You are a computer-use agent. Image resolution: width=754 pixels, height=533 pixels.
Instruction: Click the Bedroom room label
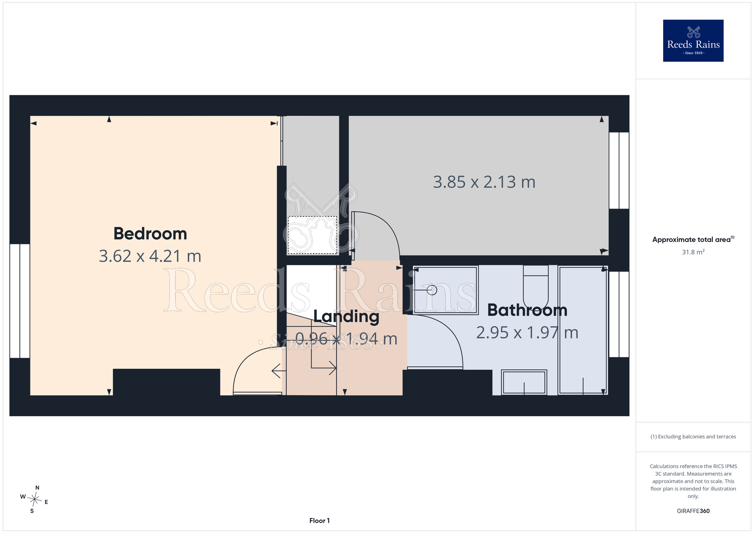tap(150, 234)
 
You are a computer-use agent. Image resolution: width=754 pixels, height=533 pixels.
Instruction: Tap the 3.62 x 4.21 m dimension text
tap(150, 256)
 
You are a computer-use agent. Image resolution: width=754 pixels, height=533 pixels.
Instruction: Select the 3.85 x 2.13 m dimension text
tap(484, 182)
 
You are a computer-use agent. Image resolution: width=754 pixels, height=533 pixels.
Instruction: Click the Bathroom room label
tap(527, 310)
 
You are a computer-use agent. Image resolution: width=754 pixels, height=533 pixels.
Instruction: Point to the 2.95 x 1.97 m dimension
tap(527, 332)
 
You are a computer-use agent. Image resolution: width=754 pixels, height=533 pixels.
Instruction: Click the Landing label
tap(346, 317)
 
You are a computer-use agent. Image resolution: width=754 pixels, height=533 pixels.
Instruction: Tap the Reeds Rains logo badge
tap(693, 41)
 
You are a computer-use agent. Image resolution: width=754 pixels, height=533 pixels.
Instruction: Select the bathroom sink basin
tap(524, 382)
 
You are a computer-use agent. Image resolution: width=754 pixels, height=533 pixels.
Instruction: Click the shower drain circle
tap(432, 290)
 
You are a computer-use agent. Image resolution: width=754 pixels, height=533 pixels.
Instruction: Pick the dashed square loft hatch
tap(312, 235)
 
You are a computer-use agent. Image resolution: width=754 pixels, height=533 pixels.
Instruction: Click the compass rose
tap(34, 500)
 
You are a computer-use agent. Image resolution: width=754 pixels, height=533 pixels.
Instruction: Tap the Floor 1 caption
tap(319, 521)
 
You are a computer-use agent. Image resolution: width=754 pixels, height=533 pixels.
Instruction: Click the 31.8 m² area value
tap(693, 252)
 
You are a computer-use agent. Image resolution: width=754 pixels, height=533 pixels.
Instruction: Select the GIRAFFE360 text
tap(693, 511)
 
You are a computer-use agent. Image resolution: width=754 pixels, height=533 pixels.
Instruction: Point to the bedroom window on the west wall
tap(20, 301)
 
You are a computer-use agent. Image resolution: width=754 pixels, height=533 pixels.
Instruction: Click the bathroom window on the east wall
tap(619, 314)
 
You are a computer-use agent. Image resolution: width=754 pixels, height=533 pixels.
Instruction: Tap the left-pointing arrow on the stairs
tap(279, 371)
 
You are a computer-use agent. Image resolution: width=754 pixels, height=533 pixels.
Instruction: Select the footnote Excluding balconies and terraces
tap(693, 437)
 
